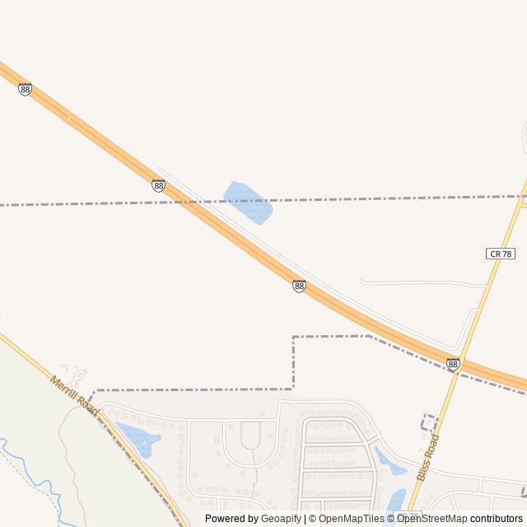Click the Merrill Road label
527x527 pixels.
tap(74, 395)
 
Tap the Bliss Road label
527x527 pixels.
tap(429, 459)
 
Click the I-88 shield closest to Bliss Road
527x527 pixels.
tap(453, 363)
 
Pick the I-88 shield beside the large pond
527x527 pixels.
tap(158, 185)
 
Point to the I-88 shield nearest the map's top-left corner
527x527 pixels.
tap(25, 89)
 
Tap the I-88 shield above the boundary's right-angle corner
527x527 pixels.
tap(299, 286)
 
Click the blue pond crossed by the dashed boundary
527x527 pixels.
tap(248, 203)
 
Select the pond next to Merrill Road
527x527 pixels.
tap(138, 437)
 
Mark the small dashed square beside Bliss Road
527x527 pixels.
tap(429, 422)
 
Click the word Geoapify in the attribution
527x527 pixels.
tap(281, 519)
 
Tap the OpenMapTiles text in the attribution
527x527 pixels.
tap(352, 519)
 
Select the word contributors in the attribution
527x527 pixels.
tap(497, 519)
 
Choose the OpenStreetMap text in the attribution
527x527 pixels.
tap(431, 519)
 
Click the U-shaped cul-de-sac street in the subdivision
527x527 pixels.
tap(251, 436)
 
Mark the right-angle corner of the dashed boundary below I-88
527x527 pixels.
tap(294, 337)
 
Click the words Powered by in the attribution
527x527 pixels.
tap(231, 519)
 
